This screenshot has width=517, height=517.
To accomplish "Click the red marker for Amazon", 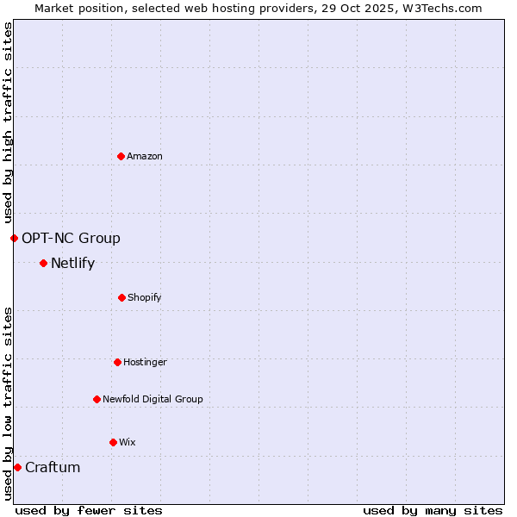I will pyautogui.click(x=121, y=156).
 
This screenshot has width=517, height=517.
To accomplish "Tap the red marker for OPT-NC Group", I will pyautogui.click(x=14, y=238).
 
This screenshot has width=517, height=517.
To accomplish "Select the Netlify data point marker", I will pyautogui.click(x=43, y=263).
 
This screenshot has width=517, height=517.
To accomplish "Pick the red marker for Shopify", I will pyautogui.click(x=121, y=297).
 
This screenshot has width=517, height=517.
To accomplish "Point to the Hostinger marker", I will pyautogui.click(x=117, y=362).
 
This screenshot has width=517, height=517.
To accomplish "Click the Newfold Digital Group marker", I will pyautogui.click(x=97, y=399).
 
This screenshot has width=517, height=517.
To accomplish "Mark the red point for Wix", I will pyautogui.click(x=113, y=442).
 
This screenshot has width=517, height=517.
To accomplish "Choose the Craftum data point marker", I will pyautogui.click(x=17, y=467).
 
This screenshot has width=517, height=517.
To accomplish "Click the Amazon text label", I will pyautogui.click(x=145, y=156).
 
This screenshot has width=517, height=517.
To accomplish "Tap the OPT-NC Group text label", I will pyautogui.click(x=71, y=238).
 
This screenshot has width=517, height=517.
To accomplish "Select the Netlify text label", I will pyautogui.click(x=72, y=263).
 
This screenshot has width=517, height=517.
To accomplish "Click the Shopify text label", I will pyautogui.click(x=145, y=297).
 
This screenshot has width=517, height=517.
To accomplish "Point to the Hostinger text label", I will pyautogui.click(x=145, y=362).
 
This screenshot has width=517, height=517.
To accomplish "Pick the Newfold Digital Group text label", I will pyautogui.click(x=153, y=399).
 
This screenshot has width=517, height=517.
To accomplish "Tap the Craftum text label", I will pyautogui.click(x=53, y=467).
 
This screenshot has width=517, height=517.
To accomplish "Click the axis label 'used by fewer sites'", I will pyautogui.click(x=89, y=510).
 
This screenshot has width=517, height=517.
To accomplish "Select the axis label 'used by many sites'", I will pyautogui.click(x=433, y=510).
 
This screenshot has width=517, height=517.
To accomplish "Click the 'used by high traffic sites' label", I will pyautogui.click(x=8, y=122).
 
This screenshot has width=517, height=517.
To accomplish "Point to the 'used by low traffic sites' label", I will pyautogui.click(x=8, y=403).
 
